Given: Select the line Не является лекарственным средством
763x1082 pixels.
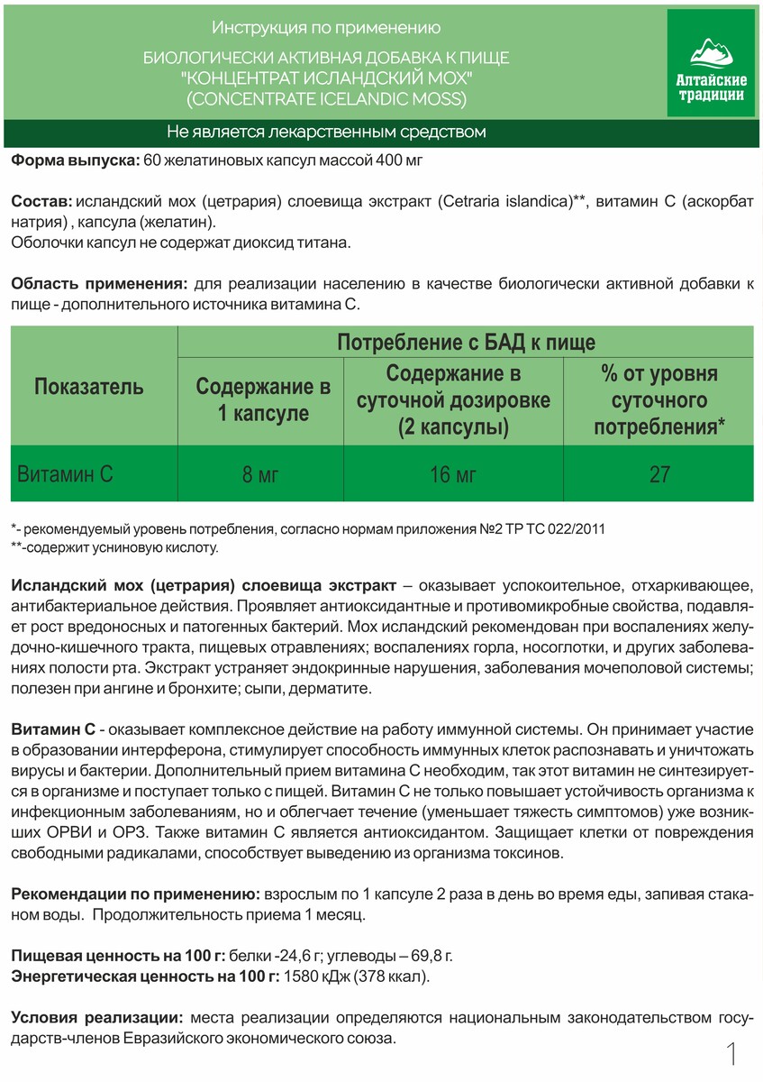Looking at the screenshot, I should pyautogui.click(x=326, y=133).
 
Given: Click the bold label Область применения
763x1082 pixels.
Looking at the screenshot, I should pyautogui.click(x=99, y=284).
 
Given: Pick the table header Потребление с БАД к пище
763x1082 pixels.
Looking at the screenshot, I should pyautogui.click(x=466, y=342).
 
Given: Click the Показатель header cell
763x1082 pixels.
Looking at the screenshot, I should pyautogui.click(x=89, y=387).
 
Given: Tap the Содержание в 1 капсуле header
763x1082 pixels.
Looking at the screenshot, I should pyautogui.click(x=263, y=400).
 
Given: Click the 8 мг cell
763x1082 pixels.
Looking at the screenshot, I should pyautogui.click(x=261, y=474).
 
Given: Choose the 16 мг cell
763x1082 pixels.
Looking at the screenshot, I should pyautogui.click(x=453, y=474).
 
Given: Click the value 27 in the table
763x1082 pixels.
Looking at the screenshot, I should pyautogui.click(x=659, y=474).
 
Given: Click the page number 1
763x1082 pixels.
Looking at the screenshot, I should pyautogui.click(x=731, y=1054).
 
